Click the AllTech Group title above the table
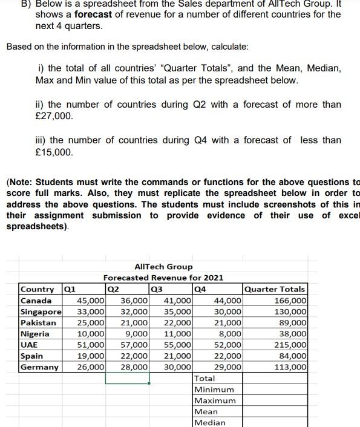tap(163, 267)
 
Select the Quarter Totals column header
tap(275, 289)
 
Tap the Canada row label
tap(36, 301)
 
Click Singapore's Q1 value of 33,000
tap(91, 311)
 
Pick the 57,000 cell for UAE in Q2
tap(134, 345)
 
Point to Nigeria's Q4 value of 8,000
tap(230, 333)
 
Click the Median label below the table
tap(210, 422)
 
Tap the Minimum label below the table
tap(214, 390)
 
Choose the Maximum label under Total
tap(215, 400)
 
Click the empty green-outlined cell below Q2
tap(127, 378)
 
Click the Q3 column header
tap(159, 289)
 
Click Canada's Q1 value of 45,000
tap(91, 301)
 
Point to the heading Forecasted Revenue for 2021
tap(163, 278)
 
